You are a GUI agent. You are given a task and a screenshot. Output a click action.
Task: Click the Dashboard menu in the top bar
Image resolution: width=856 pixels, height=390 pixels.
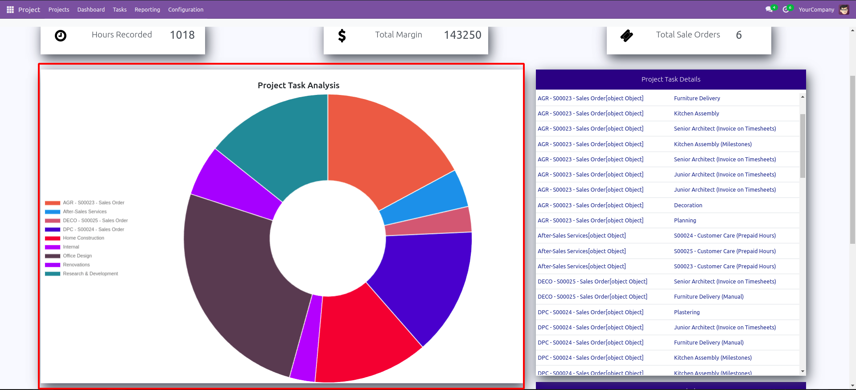pyautogui.click(x=91, y=9)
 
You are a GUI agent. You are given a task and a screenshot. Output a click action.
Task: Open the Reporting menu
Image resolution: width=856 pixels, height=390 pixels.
pyautogui.click(x=147, y=9)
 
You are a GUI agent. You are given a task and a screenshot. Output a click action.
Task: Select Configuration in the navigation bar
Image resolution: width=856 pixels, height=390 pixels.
pyautogui.click(x=185, y=9)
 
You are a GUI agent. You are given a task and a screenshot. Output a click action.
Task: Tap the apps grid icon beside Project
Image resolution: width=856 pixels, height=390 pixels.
pyautogui.click(x=10, y=9)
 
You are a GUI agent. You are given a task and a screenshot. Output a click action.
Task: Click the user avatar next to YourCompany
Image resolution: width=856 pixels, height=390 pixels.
pyautogui.click(x=844, y=9)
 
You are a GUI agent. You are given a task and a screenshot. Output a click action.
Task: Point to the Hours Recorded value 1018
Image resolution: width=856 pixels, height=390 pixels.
pyautogui.click(x=182, y=35)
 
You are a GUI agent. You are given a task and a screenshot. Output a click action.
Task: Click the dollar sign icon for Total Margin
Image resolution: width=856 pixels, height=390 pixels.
pyautogui.click(x=342, y=35)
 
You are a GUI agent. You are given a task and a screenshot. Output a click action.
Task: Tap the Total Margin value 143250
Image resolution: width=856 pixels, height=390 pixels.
pyautogui.click(x=462, y=35)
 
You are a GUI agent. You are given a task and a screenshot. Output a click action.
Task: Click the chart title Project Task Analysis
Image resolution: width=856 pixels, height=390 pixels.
pyautogui.click(x=298, y=85)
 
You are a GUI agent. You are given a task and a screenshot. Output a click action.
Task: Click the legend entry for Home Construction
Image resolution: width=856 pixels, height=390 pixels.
pyautogui.click(x=83, y=238)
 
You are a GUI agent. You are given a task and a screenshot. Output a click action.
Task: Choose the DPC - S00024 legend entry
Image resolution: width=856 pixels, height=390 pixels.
pyautogui.click(x=93, y=229)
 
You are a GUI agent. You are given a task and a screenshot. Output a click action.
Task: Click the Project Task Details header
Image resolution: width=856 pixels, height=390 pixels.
pyautogui.click(x=671, y=79)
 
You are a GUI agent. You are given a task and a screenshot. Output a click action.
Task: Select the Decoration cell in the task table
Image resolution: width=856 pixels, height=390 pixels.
pyautogui.click(x=688, y=205)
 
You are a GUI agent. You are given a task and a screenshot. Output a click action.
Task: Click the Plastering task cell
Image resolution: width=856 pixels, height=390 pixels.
pyautogui.click(x=687, y=312)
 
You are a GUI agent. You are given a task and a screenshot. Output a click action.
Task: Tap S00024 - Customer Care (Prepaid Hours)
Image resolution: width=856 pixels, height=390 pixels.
pyautogui.click(x=724, y=235)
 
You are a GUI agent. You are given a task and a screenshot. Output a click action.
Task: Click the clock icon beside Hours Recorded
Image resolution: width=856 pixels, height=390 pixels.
pyautogui.click(x=61, y=35)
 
